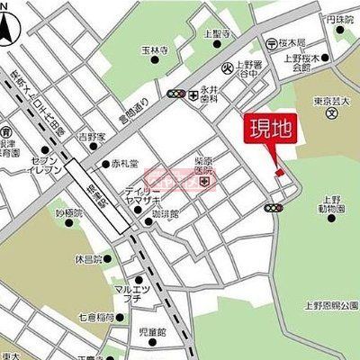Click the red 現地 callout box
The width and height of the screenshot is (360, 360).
[x=269, y=129]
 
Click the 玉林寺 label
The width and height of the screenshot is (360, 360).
[x=156, y=51]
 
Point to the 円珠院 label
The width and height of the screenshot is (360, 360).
[x=339, y=17]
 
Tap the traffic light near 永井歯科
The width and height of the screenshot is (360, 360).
[x=175, y=93]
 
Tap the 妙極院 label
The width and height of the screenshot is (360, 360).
[x=68, y=212]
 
